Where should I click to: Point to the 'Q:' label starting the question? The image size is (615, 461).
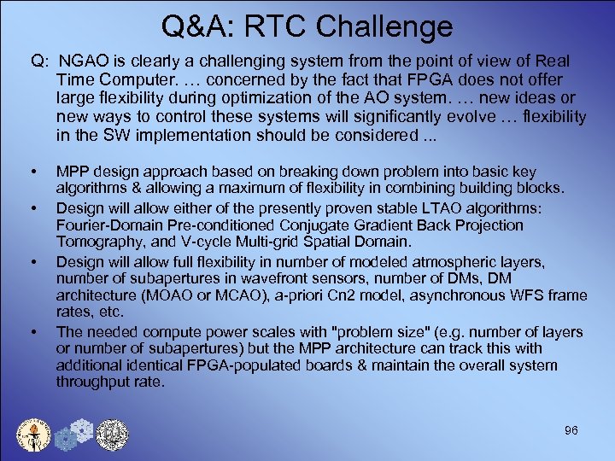click(x=40, y=62)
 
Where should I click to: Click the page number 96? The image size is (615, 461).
click(x=571, y=430)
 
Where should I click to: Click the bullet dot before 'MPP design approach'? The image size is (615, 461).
click(x=33, y=172)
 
